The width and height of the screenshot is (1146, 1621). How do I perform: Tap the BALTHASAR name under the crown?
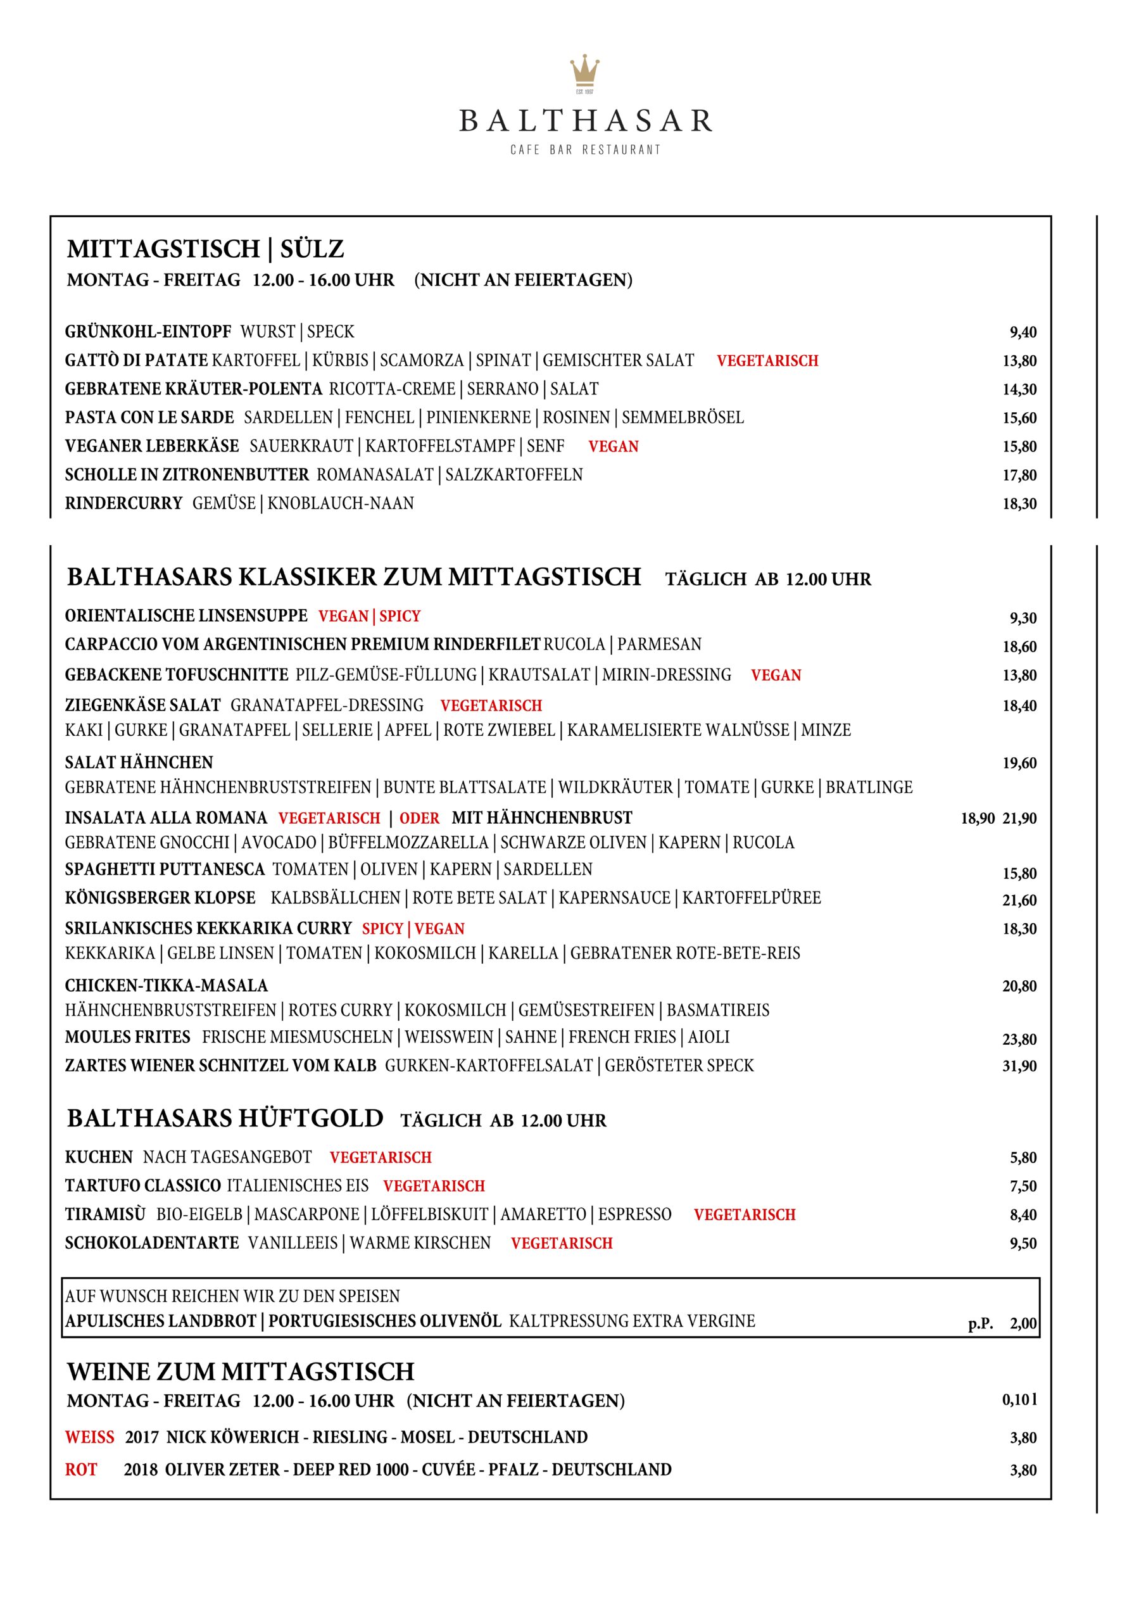(x=586, y=121)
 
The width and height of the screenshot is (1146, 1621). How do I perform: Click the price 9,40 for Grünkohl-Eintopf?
(x=1023, y=332)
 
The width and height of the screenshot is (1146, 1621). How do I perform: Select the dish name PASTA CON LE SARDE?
(x=149, y=418)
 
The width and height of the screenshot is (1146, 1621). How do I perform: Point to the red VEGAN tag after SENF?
(x=613, y=447)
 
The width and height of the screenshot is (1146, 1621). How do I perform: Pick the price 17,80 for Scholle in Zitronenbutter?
(x=1019, y=475)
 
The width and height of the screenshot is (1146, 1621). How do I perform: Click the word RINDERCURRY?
(x=123, y=504)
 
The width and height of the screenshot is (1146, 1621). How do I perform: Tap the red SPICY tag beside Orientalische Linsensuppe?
(x=400, y=616)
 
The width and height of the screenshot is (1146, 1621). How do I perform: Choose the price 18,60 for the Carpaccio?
(x=1019, y=647)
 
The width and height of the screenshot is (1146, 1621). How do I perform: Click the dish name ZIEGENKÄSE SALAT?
(x=142, y=705)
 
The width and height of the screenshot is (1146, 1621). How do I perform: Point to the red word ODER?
(x=419, y=818)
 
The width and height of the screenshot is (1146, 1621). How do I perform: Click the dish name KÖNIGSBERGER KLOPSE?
(x=160, y=898)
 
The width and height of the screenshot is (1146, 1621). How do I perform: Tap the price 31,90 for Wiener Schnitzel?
(x=1019, y=1066)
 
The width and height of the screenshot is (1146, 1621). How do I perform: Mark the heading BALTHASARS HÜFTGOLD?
(x=225, y=1119)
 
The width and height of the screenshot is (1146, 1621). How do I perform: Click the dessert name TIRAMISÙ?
(x=105, y=1214)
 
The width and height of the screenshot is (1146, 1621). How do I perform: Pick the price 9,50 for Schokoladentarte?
(x=1023, y=1243)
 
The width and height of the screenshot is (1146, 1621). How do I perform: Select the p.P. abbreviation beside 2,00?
(x=980, y=1325)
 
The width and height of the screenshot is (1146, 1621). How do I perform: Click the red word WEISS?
(x=90, y=1437)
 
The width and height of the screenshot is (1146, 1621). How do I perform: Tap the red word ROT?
(x=81, y=1470)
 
